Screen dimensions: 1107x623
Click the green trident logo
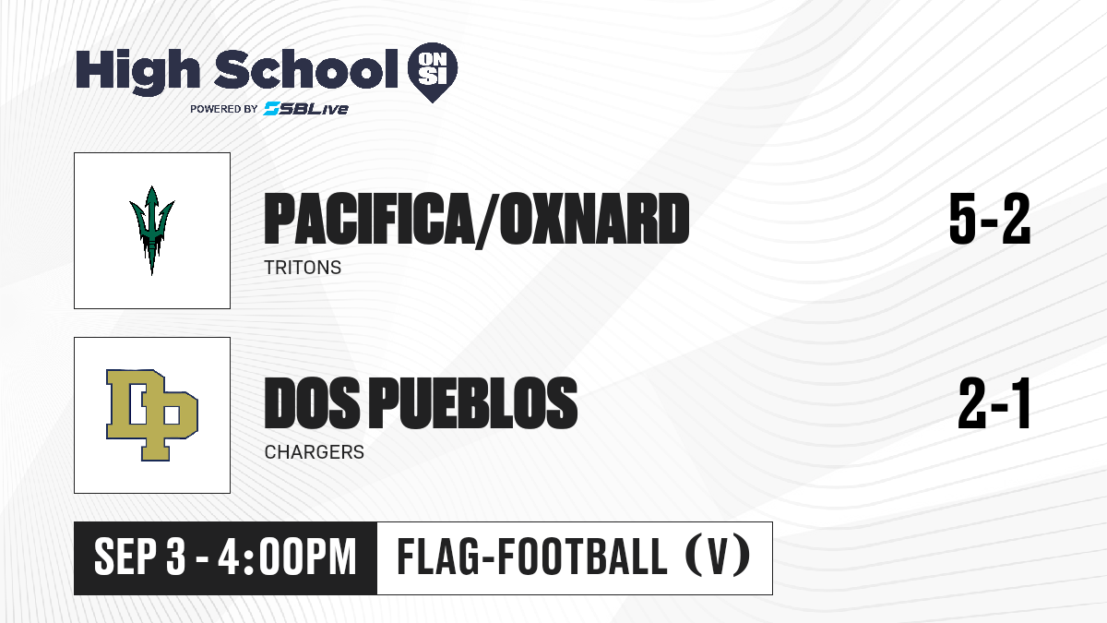pyautogui.click(x=151, y=231)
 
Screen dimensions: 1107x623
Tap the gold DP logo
pyautogui.click(x=152, y=414)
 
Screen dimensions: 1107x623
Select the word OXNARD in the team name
pyautogui.click(x=594, y=219)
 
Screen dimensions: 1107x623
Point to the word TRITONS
pyautogui.click(x=303, y=268)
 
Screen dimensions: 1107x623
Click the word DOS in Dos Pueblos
pyautogui.click(x=313, y=402)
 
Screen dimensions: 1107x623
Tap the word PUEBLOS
pyautogui.click(x=473, y=402)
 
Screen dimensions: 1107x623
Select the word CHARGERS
pyautogui.click(x=315, y=452)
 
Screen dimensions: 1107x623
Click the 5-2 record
pyautogui.click(x=989, y=219)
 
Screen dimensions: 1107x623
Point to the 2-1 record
pyautogui.click(x=994, y=403)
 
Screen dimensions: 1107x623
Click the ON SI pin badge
pyautogui.click(x=433, y=72)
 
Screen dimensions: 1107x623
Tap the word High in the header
pyautogui.click(x=138, y=71)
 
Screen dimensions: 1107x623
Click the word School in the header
pyautogui.click(x=306, y=69)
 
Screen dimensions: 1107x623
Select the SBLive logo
pyautogui.click(x=306, y=109)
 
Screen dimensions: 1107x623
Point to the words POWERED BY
pyautogui.click(x=224, y=109)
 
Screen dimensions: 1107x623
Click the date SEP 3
pyautogui.click(x=140, y=557)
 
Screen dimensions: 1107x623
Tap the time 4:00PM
pyautogui.click(x=287, y=557)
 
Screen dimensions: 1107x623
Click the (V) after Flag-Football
pyautogui.click(x=718, y=557)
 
